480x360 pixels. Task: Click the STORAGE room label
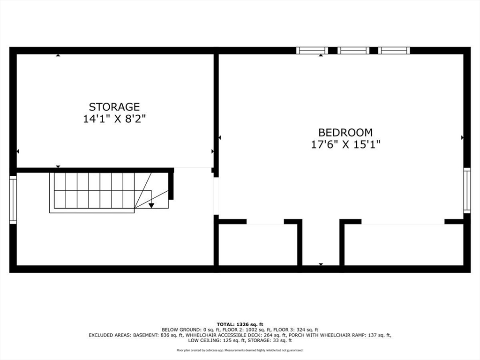point(114,107)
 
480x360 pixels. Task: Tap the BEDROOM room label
point(345,133)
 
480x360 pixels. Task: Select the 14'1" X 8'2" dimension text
point(114,119)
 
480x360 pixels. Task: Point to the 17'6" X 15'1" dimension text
point(345,145)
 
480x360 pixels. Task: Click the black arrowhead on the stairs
point(151,205)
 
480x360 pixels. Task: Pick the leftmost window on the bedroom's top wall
point(312,51)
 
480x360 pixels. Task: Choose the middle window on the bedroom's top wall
point(353,51)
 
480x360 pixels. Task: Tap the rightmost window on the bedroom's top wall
point(394,51)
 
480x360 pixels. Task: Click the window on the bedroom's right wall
point(466,190)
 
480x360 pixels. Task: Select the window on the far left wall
point(13,199)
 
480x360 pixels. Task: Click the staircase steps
point(94,191)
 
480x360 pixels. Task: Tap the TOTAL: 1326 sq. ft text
point(240,324)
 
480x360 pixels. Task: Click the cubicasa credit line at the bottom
point(240,350)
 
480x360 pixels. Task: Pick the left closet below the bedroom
point(257,244)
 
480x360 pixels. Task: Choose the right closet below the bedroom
point(403,244)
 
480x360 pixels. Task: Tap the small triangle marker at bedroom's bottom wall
point(321,265)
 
